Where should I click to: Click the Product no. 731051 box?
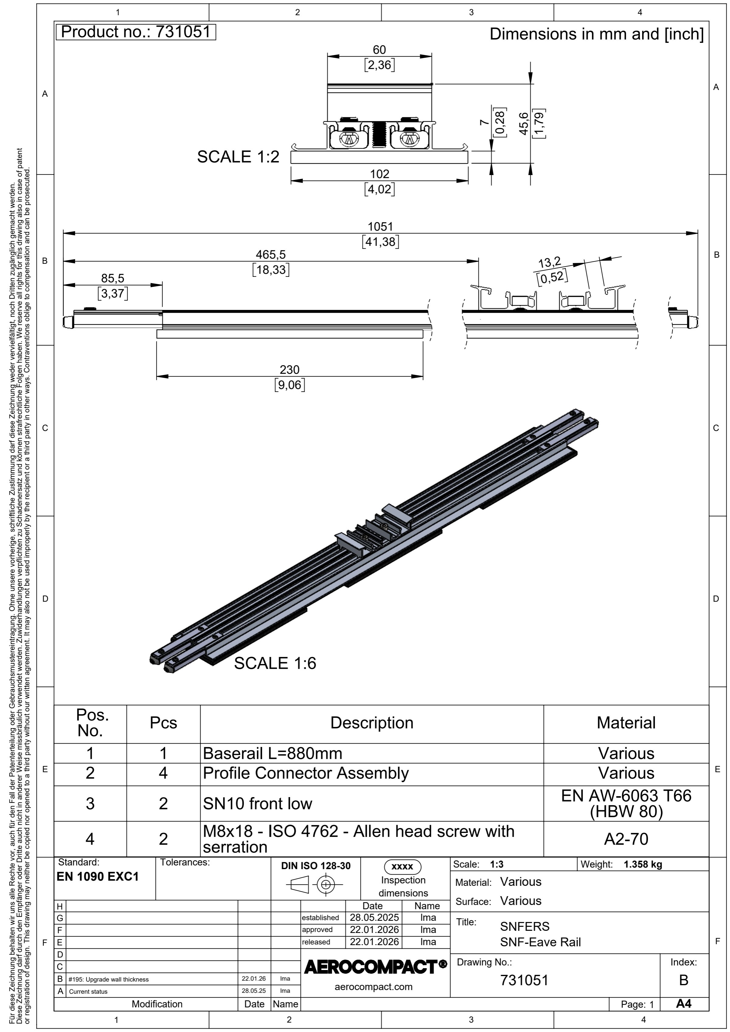136,32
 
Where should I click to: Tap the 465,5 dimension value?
270,254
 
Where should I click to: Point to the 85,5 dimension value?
113,278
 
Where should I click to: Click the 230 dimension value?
289,370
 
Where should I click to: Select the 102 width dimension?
379,174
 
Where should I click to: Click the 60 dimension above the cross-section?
379,50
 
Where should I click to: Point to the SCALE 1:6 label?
275,663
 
